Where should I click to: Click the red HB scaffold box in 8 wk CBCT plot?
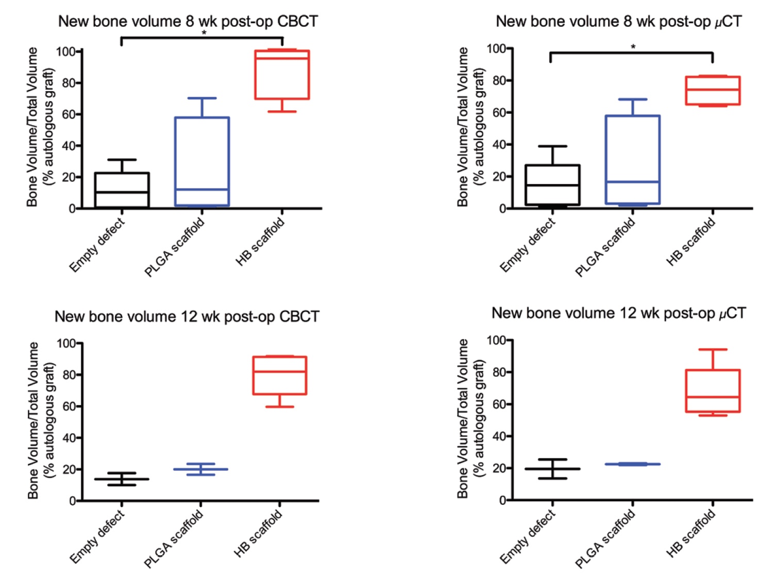point(282,75)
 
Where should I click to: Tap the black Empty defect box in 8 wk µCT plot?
point(552,185)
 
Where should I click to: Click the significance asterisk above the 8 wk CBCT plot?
point(204,33)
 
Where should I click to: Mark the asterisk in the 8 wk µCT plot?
point(633,47)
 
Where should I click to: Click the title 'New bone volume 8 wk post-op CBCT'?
point(188,21)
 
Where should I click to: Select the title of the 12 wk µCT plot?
point(618,313)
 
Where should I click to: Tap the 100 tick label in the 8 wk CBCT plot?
point(65,52)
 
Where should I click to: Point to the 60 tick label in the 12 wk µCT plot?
point(499,404)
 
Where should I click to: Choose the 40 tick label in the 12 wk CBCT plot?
point(69,438)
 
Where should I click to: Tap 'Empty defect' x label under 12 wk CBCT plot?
point(97,536)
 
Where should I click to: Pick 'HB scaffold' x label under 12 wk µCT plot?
point(691,533)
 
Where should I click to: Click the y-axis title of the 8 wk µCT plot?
point(470,127)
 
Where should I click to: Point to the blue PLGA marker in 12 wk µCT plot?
point(633,464)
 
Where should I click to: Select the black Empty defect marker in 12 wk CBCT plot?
point(122,479)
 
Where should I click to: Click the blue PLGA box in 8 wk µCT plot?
point(633,160)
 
